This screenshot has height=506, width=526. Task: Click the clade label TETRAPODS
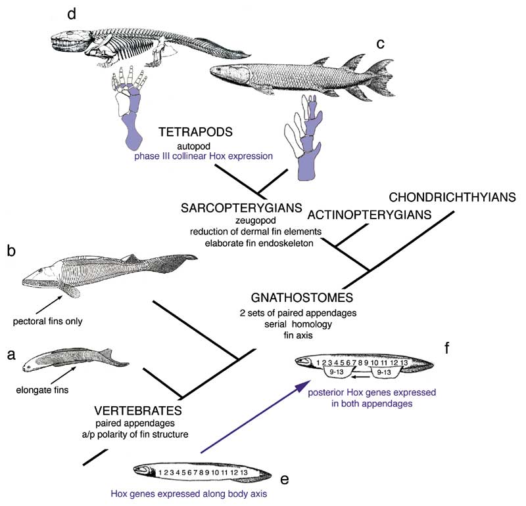point(192,131)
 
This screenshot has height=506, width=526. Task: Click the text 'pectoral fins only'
point(47,322)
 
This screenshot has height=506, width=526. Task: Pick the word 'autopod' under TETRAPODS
point(192,144)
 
